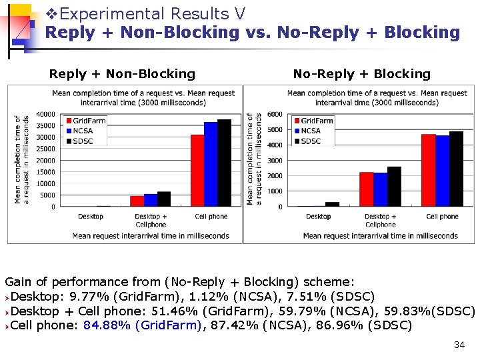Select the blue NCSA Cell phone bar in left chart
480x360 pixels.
(x=211, y=165)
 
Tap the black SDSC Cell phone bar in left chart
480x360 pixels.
(x=224, y=163)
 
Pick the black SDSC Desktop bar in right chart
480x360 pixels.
(x=332, y=204)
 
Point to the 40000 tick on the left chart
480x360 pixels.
(x=45, y=114)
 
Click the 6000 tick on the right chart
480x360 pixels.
(x=275, y=114)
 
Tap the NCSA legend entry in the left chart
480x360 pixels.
(x=83, y=131)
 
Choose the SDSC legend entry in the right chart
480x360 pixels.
(x=310, y=141)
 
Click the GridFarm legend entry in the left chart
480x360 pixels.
(x=89, y=121)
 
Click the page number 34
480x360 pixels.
(x=459, y=345)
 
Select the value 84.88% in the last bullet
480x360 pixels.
(x=106, y=326)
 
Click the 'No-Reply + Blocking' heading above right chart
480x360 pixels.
(x=362, y=74)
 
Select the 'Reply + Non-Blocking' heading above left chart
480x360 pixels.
(x=122, y=74)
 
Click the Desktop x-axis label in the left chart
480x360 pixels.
(x=91, y=216)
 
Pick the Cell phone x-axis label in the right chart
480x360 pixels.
(x=442, y=216)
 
